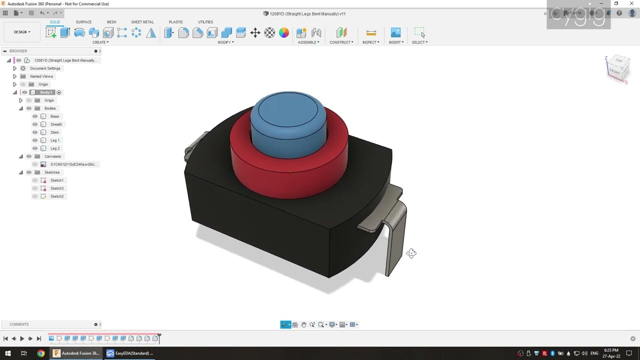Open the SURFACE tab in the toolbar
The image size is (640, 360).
pos(83,22)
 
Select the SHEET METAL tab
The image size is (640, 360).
pos(142,22)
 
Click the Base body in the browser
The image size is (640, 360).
pos(54,116)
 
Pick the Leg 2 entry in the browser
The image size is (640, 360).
pos(55,148)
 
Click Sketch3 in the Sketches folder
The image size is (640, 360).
pos(57,188)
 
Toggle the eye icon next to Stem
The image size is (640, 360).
pos(35,132)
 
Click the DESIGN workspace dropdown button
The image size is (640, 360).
pos(22,32)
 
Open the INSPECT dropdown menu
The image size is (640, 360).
pos(370,42)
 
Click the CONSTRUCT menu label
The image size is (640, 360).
pos(341,42)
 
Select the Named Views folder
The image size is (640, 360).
pos(41,76)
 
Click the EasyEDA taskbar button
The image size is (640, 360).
pos(129,353)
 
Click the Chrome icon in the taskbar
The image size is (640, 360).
pos(40,353)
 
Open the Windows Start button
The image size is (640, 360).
pos(7,353)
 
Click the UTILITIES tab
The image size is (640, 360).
pos(205,22)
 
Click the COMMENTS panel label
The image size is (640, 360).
pos(19,324)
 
